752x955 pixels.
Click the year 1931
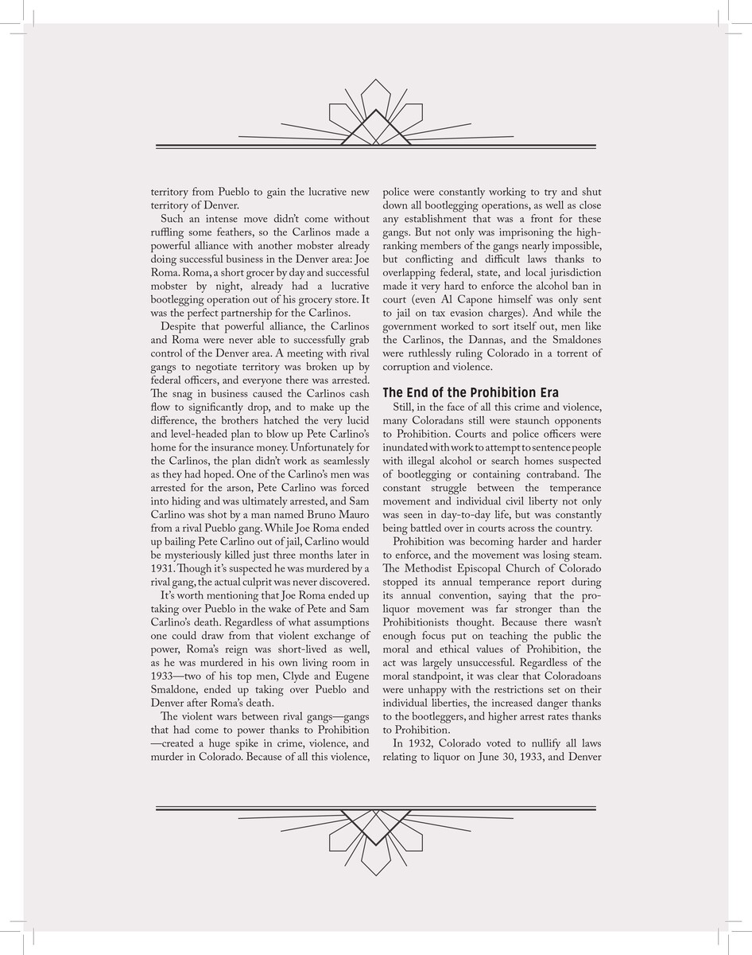coord(163,567)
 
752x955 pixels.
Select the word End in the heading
coord(419,392)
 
